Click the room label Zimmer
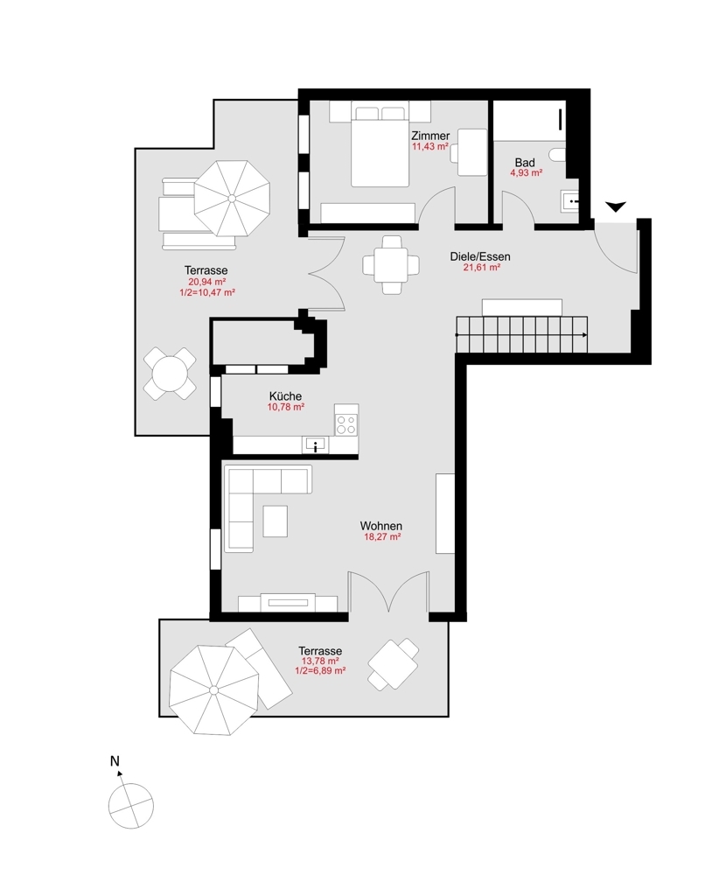tap(430, 136)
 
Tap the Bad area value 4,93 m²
tap(526, 173)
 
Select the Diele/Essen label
tap(480, 256)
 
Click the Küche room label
tap(285, 396)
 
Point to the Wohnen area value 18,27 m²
tap(381, 537)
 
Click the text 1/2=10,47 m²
tap(206, 293)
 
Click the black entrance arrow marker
tap(616, 206)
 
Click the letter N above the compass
tap(115, 761)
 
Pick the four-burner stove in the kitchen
tap(346, 424)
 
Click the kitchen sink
tap(314, 445)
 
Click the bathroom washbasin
tap(570, 201)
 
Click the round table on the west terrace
tap(170, 374)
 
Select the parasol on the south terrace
tap(212, 689)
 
